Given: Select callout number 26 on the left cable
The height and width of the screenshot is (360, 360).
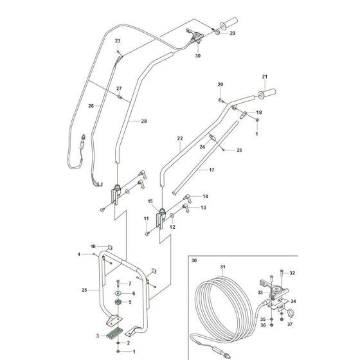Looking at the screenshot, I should pyautogui.click(x=91, y=107).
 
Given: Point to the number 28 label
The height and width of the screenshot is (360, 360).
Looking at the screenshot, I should pyautogui.click(x=144, y=121).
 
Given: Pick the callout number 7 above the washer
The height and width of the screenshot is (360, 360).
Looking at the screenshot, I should pyautogui.click(x=129, y=283).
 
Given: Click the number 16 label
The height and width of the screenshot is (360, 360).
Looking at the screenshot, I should pyautogui.click(x=93, y=247).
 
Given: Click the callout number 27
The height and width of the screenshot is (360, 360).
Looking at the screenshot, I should pyautogui.click(x=119, y=89).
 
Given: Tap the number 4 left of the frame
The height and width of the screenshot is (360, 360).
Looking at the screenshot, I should pyautogui.click(x=80, y=255).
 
